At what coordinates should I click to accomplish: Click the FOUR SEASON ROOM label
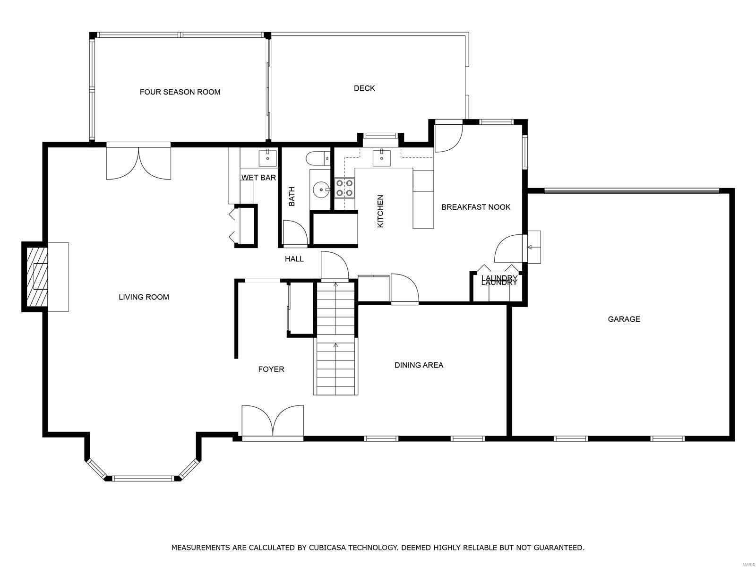[x=180, y=92]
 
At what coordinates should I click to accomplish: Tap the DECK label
[x=364, y=88]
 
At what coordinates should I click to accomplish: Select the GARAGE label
[x=624, y=319]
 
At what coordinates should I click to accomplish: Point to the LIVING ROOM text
[x=144, y=297]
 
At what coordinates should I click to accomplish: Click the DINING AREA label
[x=419, y=365]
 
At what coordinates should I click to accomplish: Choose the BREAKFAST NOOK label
[x=476, y=207]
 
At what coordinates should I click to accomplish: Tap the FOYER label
[x=271, y=369]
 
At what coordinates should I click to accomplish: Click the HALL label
[x=294, y=259]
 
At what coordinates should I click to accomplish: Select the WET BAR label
[x=258, y=178]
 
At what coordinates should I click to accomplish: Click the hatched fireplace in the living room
[x=37, y=277]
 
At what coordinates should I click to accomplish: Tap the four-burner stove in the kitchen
[x=344, y=188]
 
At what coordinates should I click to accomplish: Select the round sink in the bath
[x=321, y=190]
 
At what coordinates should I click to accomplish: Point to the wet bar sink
[x=268, y=156]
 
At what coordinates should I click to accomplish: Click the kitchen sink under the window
[x=381, y=158]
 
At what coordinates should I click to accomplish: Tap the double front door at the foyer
[x=273, y=421]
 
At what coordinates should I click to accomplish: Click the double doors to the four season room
[x=138, y=163]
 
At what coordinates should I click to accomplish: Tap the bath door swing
[x=294, y=233]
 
